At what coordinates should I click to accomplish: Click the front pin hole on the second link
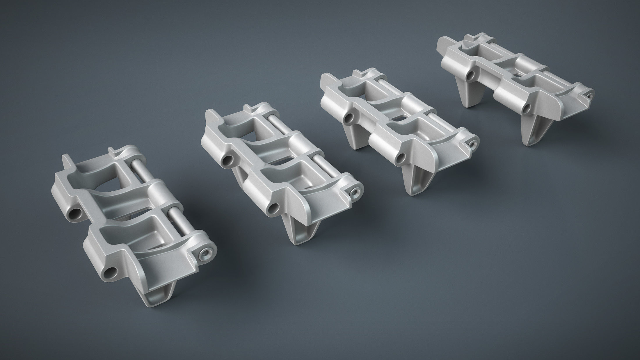273,208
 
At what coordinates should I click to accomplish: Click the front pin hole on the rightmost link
526,109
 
